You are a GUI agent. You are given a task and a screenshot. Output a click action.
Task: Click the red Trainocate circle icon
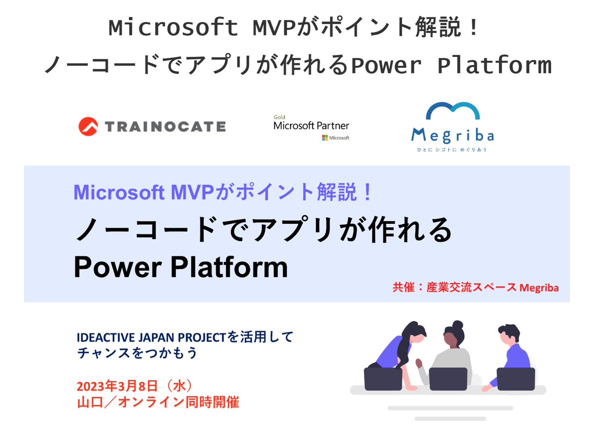pos(88,126)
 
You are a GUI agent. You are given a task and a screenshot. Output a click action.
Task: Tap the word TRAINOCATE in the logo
pos(165,126)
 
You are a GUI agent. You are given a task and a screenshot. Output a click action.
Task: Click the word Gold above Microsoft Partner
pos(279,117)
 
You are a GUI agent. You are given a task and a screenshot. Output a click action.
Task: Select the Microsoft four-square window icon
pos(324,137)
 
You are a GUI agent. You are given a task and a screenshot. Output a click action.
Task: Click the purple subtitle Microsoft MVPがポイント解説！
pos(223,192)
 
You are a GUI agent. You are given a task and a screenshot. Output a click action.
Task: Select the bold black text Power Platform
pos(181,268)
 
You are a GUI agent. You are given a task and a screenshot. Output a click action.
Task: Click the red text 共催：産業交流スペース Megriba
pos(475,288)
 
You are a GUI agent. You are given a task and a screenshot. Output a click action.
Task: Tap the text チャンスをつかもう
pos(138,353)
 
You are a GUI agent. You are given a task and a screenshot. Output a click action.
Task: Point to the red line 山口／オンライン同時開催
pos(158,402)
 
